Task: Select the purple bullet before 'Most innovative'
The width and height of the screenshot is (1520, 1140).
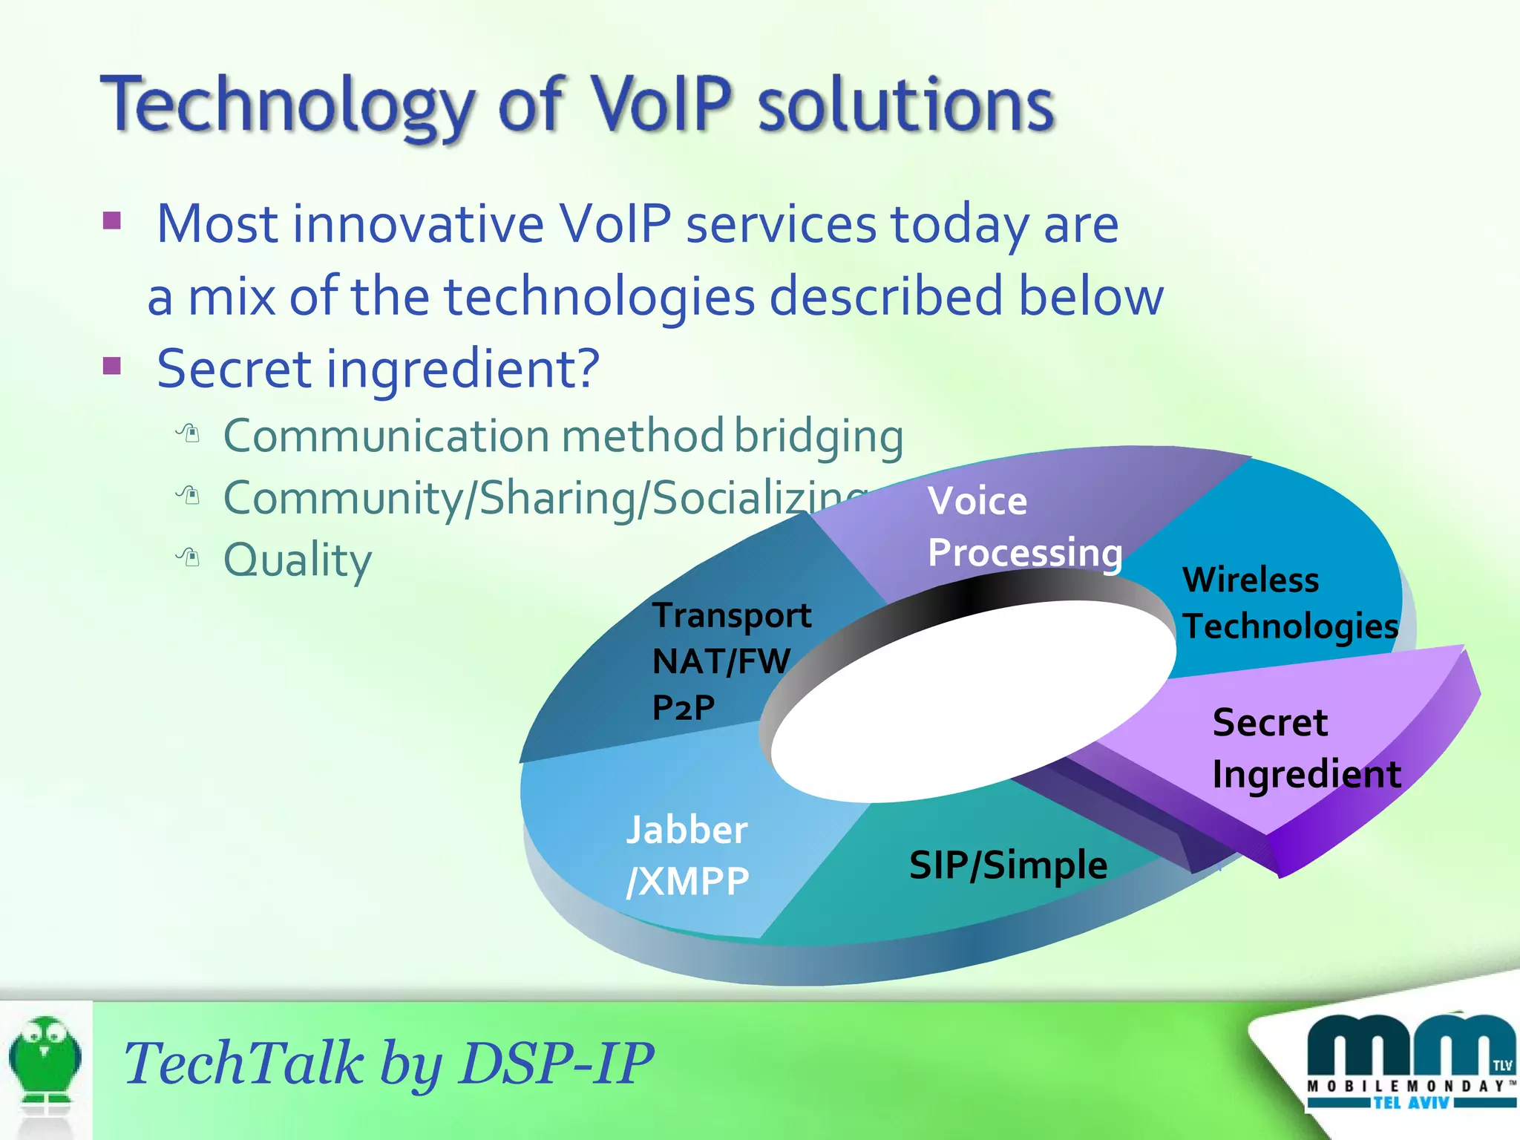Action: pyautogui.click(x=112, y=220)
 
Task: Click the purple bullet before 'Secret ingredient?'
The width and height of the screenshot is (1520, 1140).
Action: pyautogui.click(x=112, y=365)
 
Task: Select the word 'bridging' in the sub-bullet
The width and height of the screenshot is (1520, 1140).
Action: pyautogui.click(x=819, y=436)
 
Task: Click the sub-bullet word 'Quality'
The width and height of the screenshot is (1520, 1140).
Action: pyautogui.click(x=297, y=560)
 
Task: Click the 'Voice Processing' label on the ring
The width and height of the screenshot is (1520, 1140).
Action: pyautogui.click(x=1024, y=527)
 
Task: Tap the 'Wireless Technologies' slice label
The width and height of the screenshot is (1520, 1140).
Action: pyautogui.click(x=1290, y=603)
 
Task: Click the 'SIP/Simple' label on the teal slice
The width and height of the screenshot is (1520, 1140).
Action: pyautogui.click(x=1008, y=865)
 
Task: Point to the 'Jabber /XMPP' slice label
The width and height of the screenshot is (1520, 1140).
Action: pyautogui.click(x=687, y=855)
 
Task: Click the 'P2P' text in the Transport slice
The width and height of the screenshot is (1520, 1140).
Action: pyautogui.click(x=683, y=707)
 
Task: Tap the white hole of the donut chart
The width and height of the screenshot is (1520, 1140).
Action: pyautogui.click(x=972, y=701)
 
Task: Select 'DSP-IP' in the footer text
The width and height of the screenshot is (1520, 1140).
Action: pyautogui.click(x=557, y=1063)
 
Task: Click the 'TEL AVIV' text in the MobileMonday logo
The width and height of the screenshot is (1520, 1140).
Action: pyautogui.click(x=1410, y=1103)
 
